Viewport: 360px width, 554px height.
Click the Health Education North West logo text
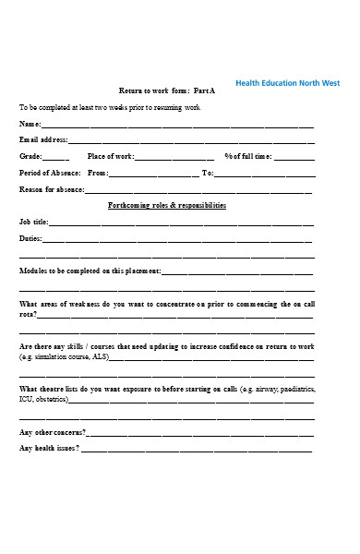coord(287,83)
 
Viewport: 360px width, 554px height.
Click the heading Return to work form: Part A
coord(167,91)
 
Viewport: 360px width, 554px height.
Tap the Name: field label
coord(30,124)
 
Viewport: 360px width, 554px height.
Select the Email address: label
coord(43,140)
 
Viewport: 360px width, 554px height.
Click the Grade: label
coord(31,157)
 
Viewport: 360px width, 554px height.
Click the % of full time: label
coord(247,157)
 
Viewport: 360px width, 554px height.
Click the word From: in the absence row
coord(98,173)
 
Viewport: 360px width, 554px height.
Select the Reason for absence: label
coord(52,189)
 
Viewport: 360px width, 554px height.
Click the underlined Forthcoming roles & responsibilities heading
coord(167,206)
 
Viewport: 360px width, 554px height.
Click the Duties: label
coord(32,239)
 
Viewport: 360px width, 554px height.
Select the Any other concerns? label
coord(53,432)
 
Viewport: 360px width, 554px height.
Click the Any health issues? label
coord(50,448)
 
